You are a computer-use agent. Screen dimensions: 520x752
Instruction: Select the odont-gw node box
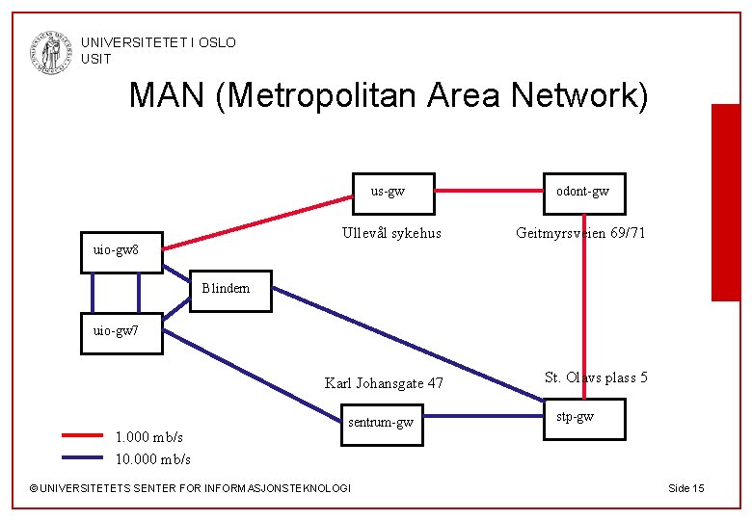(x=583, y=193)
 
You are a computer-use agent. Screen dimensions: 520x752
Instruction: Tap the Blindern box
(x=228, y=290)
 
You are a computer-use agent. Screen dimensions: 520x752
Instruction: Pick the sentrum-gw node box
(x=383, y=422)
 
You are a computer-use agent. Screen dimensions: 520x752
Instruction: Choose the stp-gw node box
(x=583, y=418)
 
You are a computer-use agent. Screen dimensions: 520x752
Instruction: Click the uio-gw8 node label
(x=116, y=250)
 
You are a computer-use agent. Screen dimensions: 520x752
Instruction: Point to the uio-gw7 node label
(x=116, y=331)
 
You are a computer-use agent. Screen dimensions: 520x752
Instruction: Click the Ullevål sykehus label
(x=392, y=233)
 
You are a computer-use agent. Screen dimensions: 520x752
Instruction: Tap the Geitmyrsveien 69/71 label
(x=581, y=233)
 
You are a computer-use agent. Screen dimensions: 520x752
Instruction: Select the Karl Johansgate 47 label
(x=385, y=383)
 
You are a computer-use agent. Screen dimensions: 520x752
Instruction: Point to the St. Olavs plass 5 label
(x=596, y=377)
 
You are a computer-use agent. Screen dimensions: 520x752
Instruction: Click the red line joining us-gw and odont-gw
(x=489, y=192)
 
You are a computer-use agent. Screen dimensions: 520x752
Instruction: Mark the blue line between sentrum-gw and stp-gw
(x=484, y=416)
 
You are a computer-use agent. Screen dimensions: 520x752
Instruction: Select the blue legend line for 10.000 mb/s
(x=82, y=457)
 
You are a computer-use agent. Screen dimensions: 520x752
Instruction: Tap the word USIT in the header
(x=95, y=59)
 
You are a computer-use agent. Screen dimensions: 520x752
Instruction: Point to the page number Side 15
(x=685, y=488)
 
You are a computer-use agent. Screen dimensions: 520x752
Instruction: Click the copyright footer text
(x=190, y=488)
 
